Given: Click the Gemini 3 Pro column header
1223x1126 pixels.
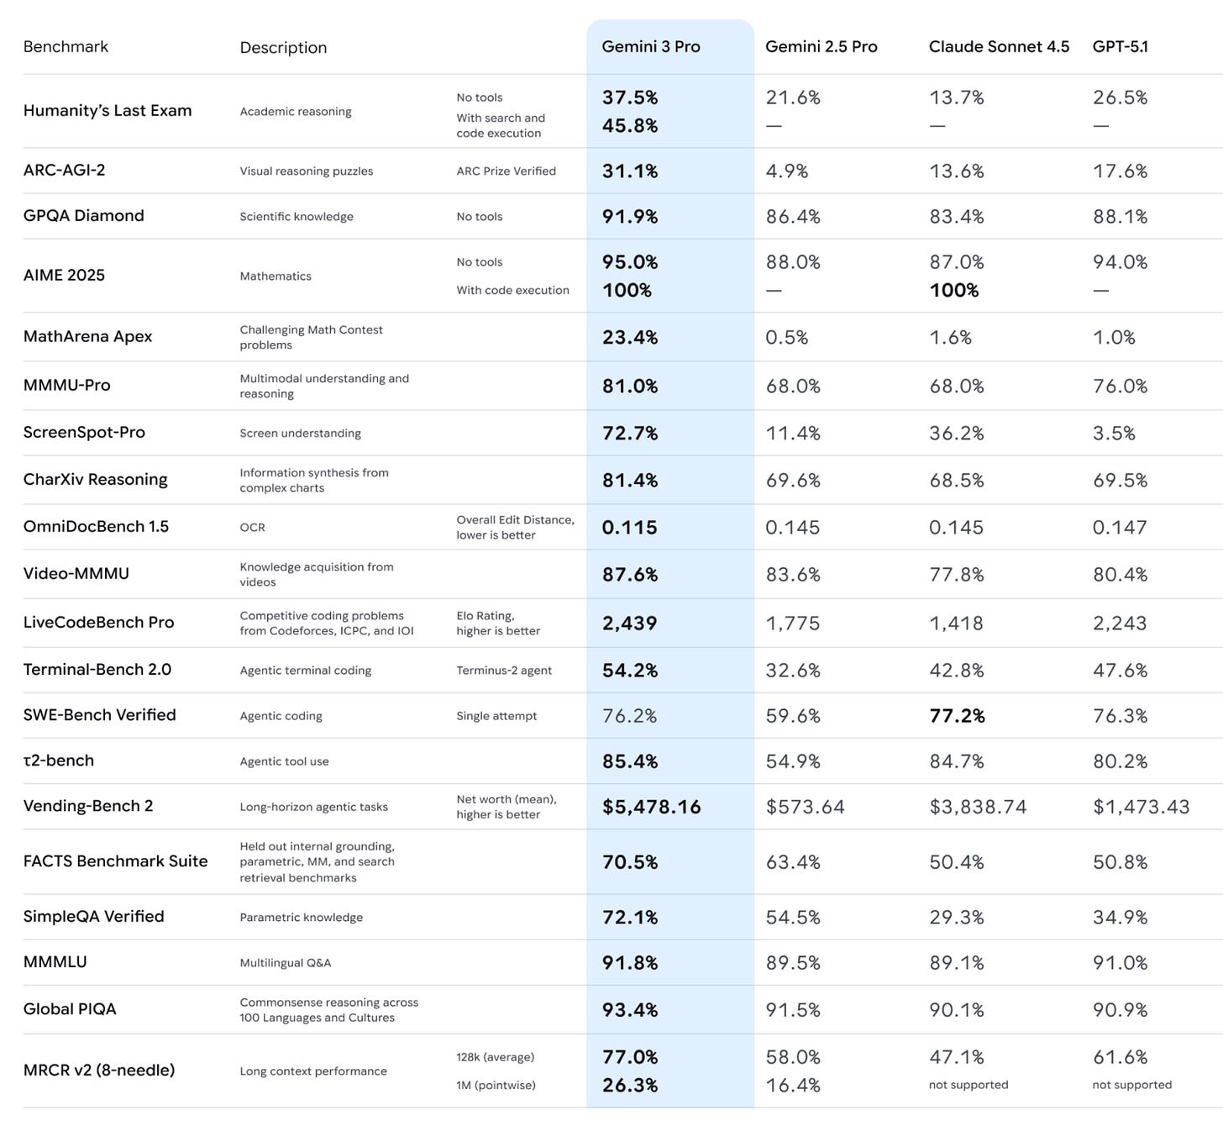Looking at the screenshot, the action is pyautogui.click(x=650, y=47).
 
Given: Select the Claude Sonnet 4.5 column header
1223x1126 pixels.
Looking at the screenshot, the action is pyautogui.click(x=999, y=47).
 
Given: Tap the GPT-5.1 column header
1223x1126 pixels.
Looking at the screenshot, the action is pyautogui.click(x=1120, y=47).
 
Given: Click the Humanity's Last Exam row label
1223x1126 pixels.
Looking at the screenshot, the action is pyautogui.click(x=108, y=110).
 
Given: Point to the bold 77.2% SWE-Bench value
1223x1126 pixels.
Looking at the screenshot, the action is pyautogui.click(x=957, y=715).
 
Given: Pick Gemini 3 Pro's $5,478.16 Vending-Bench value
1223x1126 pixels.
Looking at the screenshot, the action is pyautogui.click(x=651, y=807).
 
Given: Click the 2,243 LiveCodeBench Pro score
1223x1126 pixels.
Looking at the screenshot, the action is pyautogui.click(x=1120, y=623).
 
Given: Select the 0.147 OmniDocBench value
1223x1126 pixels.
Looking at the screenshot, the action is pyautogui.click(x=1120, y=527).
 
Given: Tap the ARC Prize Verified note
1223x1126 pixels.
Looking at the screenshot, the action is pyautogui.click(x=506, y=171).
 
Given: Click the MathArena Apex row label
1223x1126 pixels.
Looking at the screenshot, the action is pyautogui.click(x=87, y=336).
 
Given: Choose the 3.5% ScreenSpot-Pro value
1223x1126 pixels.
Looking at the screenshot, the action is pyautogui.click(x=1113, y=433).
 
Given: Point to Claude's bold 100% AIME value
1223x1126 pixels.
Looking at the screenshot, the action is pyautogui.click(x=953, y=291).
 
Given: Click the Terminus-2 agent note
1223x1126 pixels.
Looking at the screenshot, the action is pyautogui.click(x=504, y=671).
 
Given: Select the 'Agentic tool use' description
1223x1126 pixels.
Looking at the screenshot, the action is pyautogui.click(x=284, y=761).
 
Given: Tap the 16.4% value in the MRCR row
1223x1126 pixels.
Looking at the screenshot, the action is pyautogui.click(x=793, y=1085).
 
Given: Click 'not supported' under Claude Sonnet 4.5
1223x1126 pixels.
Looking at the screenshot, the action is pyautogui.click(x=968, y=1085).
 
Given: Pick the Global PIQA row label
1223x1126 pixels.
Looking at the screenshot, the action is pyautogui.click(x=70, y=1009).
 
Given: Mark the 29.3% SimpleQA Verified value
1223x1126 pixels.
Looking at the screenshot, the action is pyautogui.click(x=957, y=917).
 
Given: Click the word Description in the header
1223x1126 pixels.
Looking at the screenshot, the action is pyautogui.click(x=283, y=48).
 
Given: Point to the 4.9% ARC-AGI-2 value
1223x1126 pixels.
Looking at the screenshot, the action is pyautogui.click(x=786, y=171).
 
